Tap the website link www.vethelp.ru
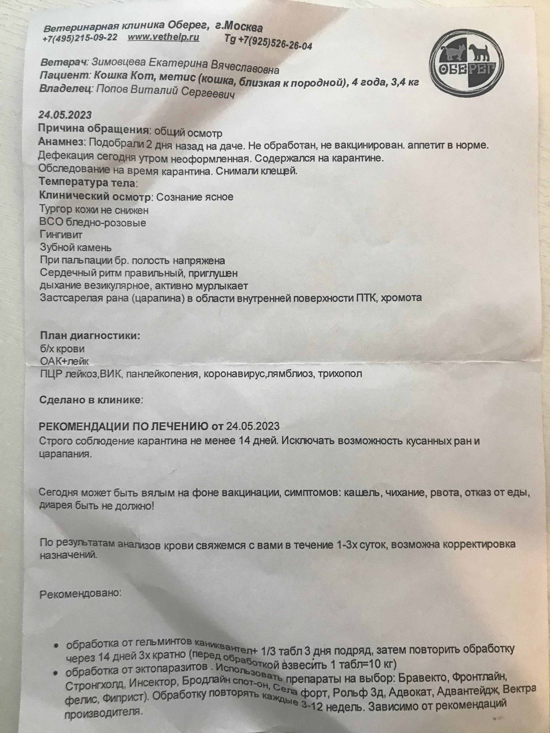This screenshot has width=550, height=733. click(x=164, y=37)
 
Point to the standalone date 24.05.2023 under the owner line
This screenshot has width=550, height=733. click(x=65, y=115)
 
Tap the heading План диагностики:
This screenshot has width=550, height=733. click(x=90, y=336)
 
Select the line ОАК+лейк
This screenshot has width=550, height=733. click(x=64, y=361)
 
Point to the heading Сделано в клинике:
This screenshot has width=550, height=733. click(x=91, y=400)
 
